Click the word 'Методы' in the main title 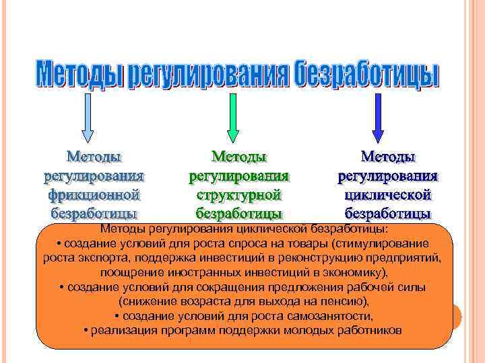click(x=79, y=75)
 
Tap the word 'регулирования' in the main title click(x=208, y=75)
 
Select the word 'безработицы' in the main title click(x=366, y=75)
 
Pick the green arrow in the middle click(x=232, y=120)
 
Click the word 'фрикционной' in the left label click(x=94, y=195)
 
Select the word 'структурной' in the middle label click(x=238, y=195)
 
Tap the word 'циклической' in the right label click(x=387, y=195)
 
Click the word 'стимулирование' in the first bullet click(x=387, y=243)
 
